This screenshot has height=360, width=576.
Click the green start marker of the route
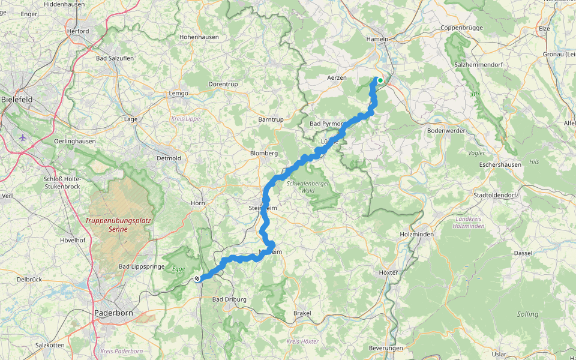point(380,80)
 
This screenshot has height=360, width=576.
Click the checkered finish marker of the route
point(197,278)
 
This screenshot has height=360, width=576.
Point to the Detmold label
point(169,158)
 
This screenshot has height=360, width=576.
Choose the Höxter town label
point(389,272)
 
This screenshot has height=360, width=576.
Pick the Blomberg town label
point(263,153)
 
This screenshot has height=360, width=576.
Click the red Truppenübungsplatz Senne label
point(118,224)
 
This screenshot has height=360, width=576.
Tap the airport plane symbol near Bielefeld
point(23,137)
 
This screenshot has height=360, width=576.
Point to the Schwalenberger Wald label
point(308,187)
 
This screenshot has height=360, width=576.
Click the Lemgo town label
point(178,93)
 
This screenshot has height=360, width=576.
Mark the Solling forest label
point(527,314)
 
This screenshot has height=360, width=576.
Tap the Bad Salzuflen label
point(115,58)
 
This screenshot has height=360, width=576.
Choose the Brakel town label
point(302,313)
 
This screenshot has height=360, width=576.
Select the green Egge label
point(179,268)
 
